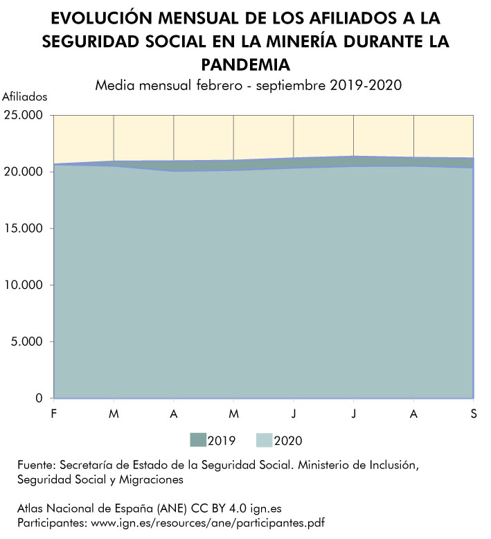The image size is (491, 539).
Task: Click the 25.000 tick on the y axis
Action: click(23, 114)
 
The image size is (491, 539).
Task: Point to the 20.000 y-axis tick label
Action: click(23, 171)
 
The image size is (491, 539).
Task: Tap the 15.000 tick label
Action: click(23, 228)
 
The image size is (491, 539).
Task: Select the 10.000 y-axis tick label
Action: click(23, 285)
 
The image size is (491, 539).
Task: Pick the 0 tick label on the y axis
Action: click(39, 398)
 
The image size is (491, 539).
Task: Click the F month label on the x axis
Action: click(54, 414)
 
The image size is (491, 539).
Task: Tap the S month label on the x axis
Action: click(473, 414)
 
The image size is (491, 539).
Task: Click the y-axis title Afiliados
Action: click(24, 96)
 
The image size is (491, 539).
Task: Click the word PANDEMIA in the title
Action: click(245, 64)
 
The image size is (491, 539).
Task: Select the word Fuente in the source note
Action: click(35, 465)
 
